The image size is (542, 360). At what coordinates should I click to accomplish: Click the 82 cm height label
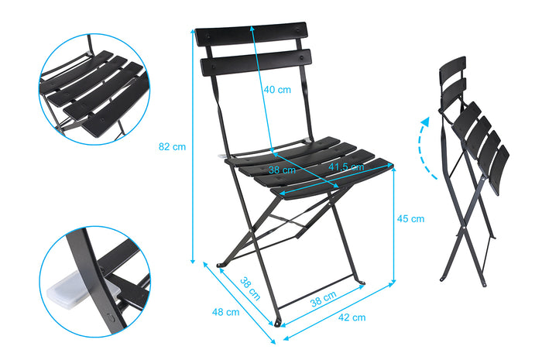(172, 146)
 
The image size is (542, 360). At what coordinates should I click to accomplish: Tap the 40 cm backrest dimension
(277, 90)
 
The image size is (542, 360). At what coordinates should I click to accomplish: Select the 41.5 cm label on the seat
(345, 167)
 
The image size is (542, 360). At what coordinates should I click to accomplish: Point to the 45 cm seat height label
(411, 219)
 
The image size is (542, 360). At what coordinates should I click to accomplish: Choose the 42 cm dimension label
(352, 317)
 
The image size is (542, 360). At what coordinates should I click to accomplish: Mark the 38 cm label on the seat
(283, 170)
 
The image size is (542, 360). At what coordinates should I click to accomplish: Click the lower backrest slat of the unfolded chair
(255, 62)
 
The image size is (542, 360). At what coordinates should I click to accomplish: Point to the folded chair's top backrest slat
(453, 67)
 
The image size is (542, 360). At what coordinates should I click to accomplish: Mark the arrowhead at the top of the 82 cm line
(193, 33)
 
